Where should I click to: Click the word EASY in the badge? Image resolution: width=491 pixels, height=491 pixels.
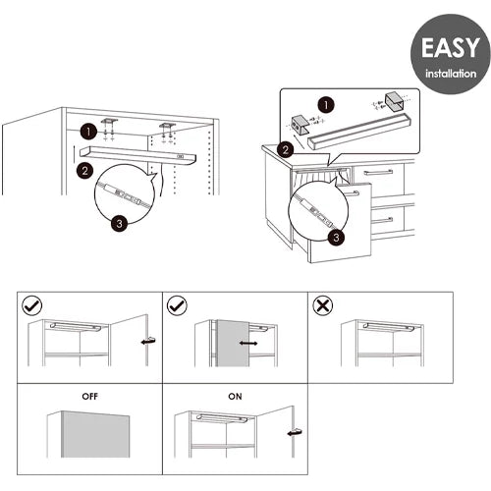(451, 48)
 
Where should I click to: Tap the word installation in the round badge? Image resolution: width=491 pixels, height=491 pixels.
(451, 74)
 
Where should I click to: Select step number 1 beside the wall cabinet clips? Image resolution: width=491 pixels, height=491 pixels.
(88, 132)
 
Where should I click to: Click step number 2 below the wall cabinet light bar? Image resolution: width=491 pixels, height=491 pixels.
(85, 171)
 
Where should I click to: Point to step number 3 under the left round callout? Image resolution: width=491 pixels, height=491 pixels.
(119, 224)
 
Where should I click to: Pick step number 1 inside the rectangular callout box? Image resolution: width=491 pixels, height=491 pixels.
(326, 105)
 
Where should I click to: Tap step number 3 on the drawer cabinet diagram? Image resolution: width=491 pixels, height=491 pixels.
(336, 238)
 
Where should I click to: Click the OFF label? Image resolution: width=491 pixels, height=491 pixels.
(90, 397)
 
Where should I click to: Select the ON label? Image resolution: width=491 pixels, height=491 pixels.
(235, 397)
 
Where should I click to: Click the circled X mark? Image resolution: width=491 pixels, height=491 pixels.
(323, 306)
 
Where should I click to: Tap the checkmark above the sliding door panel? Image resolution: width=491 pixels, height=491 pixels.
(177, 306)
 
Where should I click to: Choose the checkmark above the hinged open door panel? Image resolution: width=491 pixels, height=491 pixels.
(31, 306)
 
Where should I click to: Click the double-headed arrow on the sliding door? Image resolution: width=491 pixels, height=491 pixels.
(248, 343)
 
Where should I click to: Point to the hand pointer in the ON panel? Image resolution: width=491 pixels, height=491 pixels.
(295, 432)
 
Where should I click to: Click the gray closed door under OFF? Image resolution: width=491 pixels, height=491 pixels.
(95, 434)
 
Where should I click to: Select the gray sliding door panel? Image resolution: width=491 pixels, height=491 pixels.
(233, 344)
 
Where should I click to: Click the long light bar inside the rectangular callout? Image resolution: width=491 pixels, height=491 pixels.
(359, 132)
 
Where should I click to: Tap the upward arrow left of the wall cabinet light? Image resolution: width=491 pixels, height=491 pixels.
(75, 154)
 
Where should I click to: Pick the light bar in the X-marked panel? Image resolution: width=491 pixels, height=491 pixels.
(389, 327)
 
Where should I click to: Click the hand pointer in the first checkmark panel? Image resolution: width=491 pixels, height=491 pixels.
(148, 341)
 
